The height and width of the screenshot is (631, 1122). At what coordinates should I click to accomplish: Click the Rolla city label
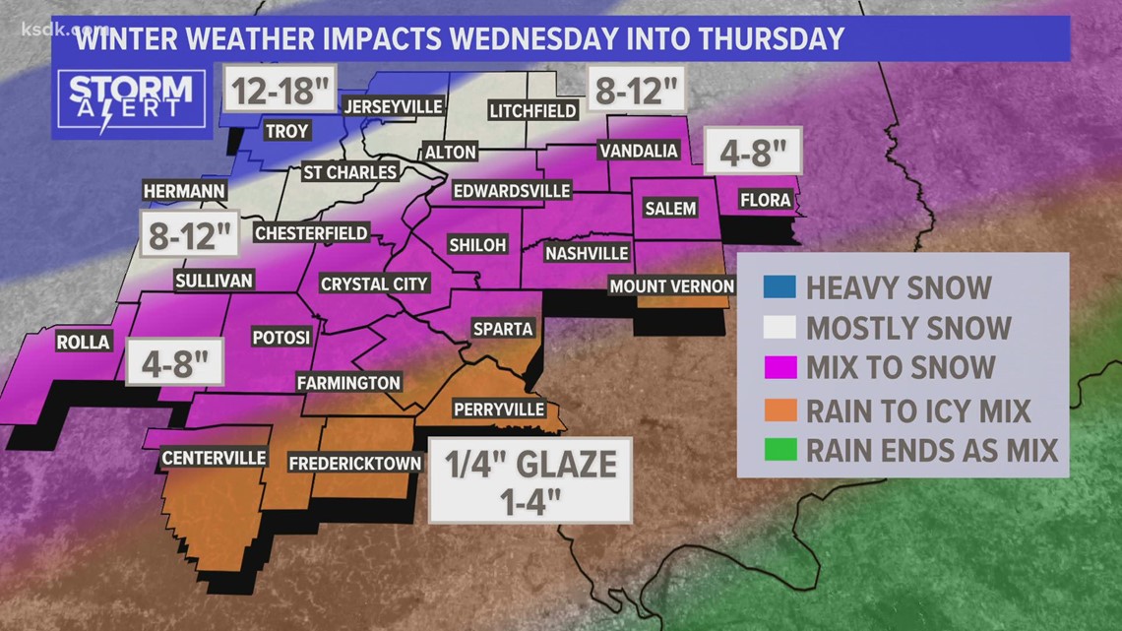click(x=84, y=344)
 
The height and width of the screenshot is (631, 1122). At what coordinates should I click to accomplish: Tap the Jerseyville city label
click(x=393, y=106)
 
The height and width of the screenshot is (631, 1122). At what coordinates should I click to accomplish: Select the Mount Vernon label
click(x=671, y=286)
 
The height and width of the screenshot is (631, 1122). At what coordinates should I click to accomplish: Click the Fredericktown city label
click(x=355, y=463)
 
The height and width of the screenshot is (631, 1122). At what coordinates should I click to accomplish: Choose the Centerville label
click(x=214, y=458)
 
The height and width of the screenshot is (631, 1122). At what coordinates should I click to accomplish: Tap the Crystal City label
click(x=375, y=284)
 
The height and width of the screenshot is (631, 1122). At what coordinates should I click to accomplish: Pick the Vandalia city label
click(x=639, y=151)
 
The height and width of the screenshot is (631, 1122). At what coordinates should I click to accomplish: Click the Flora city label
click(x=765, y=200)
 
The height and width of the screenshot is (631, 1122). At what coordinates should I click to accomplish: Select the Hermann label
click(x=184, y=191)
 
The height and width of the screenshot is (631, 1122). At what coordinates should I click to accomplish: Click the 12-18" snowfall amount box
click(x=280, y=93)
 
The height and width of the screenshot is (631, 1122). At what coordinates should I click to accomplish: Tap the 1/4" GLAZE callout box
click(x=530, y=479)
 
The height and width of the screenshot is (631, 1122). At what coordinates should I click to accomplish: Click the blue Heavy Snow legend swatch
click(x=779, y=287)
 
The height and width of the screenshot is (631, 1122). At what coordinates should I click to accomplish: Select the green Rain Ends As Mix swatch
click(x=779, y=451)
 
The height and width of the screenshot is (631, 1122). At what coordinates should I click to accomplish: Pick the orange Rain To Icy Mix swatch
click(x=779, y=410)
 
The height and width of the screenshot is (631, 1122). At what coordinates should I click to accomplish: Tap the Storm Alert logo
click(x=131, y=98)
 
